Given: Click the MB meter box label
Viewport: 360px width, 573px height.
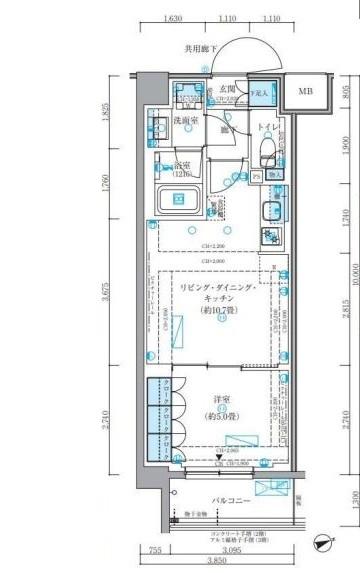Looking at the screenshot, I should pyautogui.click(x=304, y=93).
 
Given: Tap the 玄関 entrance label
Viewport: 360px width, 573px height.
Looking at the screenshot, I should pyautogui.click(x=228, y=88).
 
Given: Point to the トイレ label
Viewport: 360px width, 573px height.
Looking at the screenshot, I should pyautogui.click(x=266, y=128).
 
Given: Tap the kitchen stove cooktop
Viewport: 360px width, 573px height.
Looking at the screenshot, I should pyautogui.click(x=272, y=237).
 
